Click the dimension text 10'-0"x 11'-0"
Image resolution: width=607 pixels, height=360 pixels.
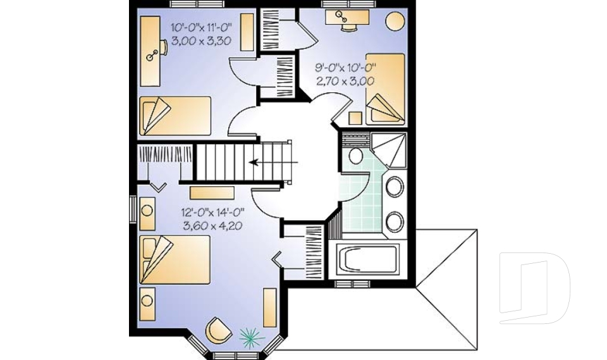(x=202, y=28)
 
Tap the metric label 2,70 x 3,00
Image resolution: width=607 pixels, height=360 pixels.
(x=345, y=80)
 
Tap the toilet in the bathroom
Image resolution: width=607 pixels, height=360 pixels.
(x=355, y=156)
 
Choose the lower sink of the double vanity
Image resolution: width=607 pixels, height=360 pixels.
(x=395, y=221)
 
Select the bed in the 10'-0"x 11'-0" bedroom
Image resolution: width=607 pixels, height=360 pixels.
(x=175, y=115)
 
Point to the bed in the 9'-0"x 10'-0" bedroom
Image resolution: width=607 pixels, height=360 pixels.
(x=385, y=87)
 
